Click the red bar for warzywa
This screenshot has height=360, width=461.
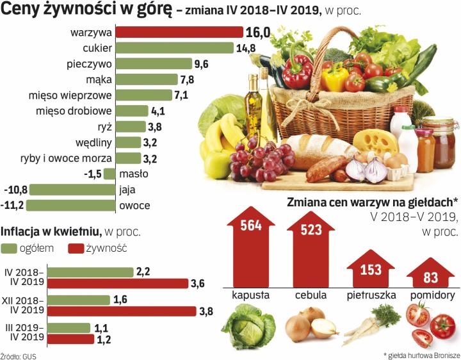tap(179, 32)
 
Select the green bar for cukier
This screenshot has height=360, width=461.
tap(174, 48)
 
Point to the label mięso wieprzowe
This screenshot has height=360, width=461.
tap(70, 95)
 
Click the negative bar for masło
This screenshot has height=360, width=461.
tap(109, 174)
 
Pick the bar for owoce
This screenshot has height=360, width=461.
tap(70, 206)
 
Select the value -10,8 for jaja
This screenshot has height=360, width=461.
tap(15, 190)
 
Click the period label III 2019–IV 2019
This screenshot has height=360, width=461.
tap(24, 332)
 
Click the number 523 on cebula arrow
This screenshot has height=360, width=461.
tap(311, 229)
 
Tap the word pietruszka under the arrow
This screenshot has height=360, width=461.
tap(371, 296)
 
